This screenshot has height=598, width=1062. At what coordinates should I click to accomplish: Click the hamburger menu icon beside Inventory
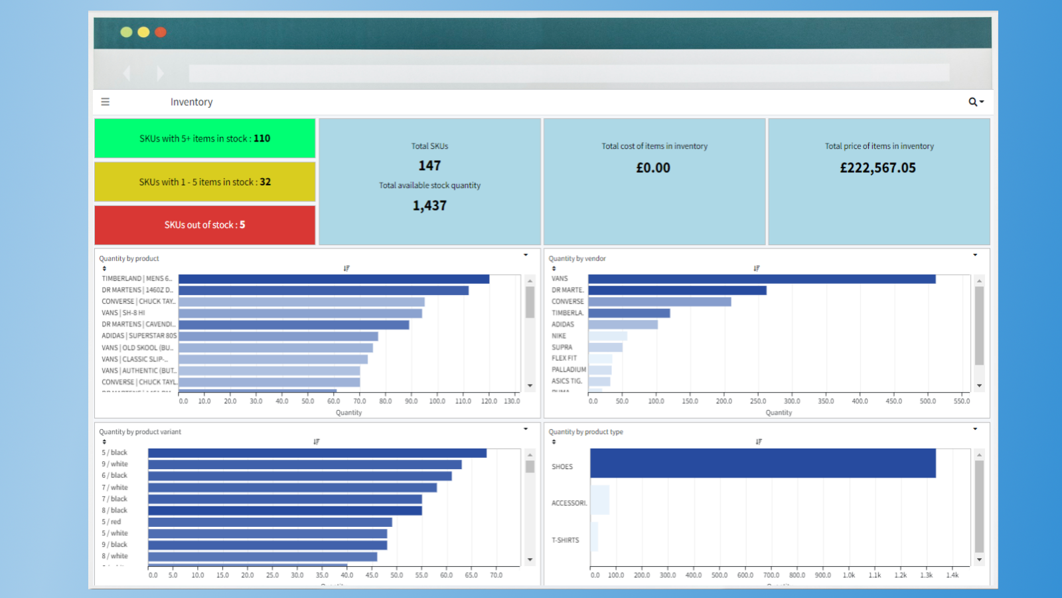coord(105,102)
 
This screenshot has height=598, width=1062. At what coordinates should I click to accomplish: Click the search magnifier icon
coord(973,102)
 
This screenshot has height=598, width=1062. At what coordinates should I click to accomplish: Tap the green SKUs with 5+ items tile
coord(204,138)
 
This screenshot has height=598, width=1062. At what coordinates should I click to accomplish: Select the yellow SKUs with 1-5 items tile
coord(204,181)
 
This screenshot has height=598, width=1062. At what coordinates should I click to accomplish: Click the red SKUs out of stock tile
coord(204,225)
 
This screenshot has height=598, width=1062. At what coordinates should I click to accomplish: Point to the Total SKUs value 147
coord(429,165)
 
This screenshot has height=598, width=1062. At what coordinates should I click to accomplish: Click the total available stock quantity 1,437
coord(429,206)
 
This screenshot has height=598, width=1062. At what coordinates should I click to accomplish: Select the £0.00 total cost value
coord(653,168)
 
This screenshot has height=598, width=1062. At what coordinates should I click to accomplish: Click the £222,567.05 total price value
coord(877,168)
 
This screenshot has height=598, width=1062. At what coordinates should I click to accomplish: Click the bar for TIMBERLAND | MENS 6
coord(333,279)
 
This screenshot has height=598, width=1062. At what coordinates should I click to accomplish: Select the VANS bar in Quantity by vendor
coord(761,279)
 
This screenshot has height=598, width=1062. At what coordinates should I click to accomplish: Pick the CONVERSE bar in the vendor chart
coord(659,302)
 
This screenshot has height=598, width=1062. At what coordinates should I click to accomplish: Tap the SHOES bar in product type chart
coord(762,463)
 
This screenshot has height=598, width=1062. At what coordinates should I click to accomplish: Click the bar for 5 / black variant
coord(317,453)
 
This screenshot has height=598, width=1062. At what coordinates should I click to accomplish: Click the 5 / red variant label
coord(112,522)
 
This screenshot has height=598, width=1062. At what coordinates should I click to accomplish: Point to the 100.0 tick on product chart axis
coord(437,401)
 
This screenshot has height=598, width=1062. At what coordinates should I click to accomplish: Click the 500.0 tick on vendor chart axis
coord(927,401)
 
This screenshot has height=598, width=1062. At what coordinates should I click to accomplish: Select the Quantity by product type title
coord(585,432)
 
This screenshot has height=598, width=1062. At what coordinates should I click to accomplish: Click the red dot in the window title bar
coord(161,32)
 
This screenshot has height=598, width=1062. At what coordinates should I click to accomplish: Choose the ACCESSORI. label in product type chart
coord(569,503)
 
